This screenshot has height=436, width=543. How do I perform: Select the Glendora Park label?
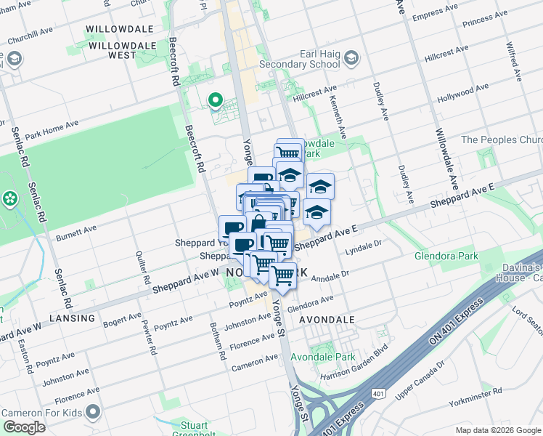click(x=446, y=257)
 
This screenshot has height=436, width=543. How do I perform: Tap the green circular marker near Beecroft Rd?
click(x=215, y=100)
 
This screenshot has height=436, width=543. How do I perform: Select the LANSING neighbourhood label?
click(x=73, y=318)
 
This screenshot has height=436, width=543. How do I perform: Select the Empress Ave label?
click(x=436, y=16)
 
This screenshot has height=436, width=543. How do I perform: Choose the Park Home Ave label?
click(x=51, y=131)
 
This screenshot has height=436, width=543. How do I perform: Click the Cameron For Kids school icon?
click(x=92, y=413)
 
